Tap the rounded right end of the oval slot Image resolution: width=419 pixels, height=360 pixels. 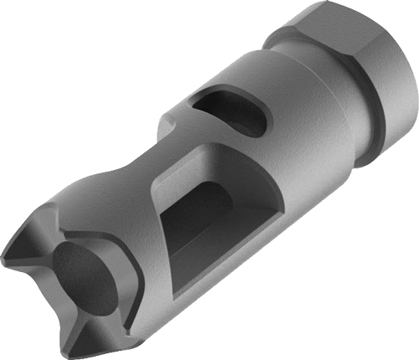260,117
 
